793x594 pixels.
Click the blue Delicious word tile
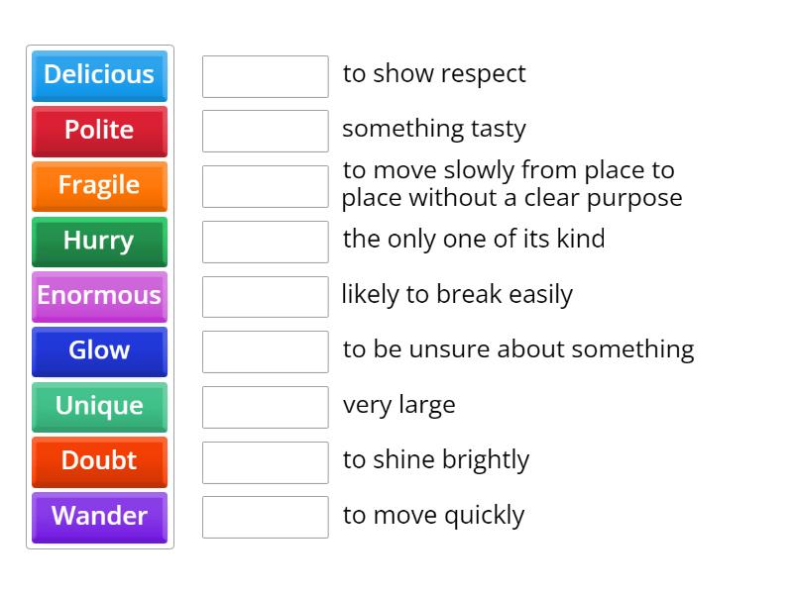coord(99,75)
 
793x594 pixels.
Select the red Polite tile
coord(99,131)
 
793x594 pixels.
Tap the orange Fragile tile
coord(99,186)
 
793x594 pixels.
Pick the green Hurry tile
coord(99,242)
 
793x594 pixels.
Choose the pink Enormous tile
coord(99,296)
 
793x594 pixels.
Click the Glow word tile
coord(99,351)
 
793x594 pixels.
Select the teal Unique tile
coord(99,407)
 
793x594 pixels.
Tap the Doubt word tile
coord(99,461)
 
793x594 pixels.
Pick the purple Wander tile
coord(99,517)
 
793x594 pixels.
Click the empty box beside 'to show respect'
coord(265,76)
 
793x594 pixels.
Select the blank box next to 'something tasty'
coord(265,131)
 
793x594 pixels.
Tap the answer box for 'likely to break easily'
coord(265,296)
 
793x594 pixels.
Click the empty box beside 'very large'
coord(265,407)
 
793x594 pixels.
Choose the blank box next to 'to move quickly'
coord(265,517)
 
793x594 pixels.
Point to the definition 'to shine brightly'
coord(436,460)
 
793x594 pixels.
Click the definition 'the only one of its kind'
coord(474,240)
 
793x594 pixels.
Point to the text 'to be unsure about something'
coord(518,349)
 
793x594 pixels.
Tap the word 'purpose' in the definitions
coord(634,198)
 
